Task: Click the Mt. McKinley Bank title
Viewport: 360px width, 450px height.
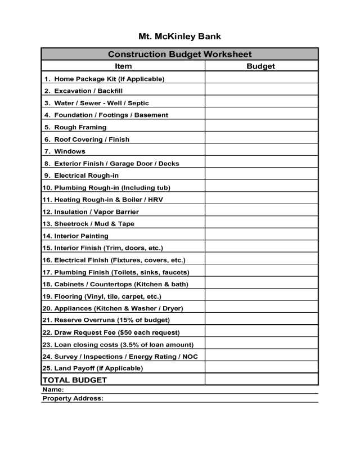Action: [179, 37]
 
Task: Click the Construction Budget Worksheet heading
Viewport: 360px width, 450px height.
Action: [179, 55]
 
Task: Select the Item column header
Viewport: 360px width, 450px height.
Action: [123, 66]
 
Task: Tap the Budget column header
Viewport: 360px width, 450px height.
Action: [261, 66]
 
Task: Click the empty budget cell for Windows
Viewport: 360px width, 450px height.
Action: [261, 151]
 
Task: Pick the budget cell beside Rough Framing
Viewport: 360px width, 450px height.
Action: [261, 127]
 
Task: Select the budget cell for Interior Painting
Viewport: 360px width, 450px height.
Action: [261, 236]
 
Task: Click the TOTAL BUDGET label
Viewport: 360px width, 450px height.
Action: [75, 380]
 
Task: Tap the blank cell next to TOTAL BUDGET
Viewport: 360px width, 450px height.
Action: [261, 380]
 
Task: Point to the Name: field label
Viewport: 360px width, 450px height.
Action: [53, 389]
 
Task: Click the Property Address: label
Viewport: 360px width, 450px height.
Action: [73, 398]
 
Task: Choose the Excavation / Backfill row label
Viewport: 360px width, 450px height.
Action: [88, 91]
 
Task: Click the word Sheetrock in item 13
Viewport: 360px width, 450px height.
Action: [71, 224]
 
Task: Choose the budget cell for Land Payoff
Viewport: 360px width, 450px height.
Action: [261, 368]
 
